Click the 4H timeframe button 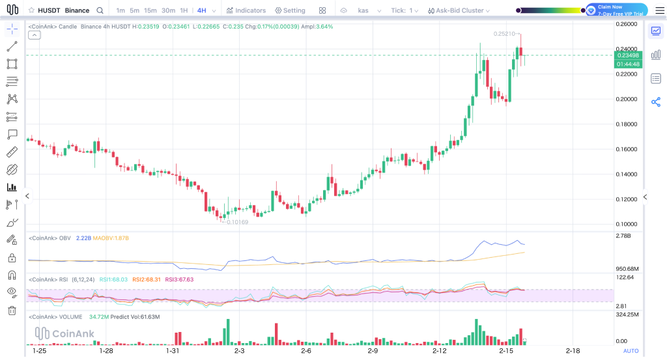202,10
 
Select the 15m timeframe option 150,10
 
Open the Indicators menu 246,10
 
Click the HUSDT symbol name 50,10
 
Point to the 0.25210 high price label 504,34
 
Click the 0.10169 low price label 237,222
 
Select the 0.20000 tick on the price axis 626,99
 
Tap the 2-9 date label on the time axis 373,351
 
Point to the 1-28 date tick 106,351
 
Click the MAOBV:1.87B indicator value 111,238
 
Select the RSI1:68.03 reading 113,279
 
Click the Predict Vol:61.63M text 135,316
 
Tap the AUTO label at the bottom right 631,351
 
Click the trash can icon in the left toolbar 12,311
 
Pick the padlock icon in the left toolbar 12,258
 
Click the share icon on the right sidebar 656,102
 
